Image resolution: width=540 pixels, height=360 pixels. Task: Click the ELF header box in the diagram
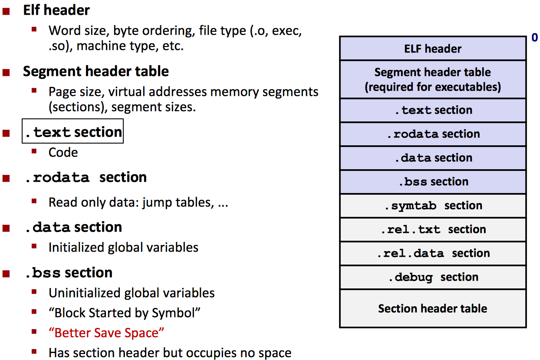tap(433, 49)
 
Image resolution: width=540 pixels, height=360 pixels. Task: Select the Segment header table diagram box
tap(433, 79)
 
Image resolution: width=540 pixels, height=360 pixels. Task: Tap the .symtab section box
tap(433, 206)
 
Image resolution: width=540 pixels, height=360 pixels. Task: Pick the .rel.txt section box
tap(433, 229)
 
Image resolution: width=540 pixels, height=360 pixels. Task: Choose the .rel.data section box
tap(433, 253)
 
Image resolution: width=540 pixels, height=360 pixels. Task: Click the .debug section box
tap(433, 277)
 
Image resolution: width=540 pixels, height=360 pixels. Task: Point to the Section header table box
tap(433, 308)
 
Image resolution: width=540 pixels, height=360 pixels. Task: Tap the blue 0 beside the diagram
tap(534, 38)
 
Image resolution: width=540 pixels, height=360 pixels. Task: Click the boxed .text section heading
tap(73, 131)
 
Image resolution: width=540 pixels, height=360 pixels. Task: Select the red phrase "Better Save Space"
tap(107, 333)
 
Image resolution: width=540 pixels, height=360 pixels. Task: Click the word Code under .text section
tap(63, 153)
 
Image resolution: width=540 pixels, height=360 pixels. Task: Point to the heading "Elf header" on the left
tap(56, 10)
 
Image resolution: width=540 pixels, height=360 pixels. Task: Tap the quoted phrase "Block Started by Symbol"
tap(125, 313)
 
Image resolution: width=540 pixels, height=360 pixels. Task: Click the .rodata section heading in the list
tap(86, 177)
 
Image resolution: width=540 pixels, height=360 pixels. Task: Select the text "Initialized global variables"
tap(123, 247)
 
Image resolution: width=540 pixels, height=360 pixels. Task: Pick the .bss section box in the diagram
tap(433, 182)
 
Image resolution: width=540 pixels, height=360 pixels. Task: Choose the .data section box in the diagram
tap(433, 158)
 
